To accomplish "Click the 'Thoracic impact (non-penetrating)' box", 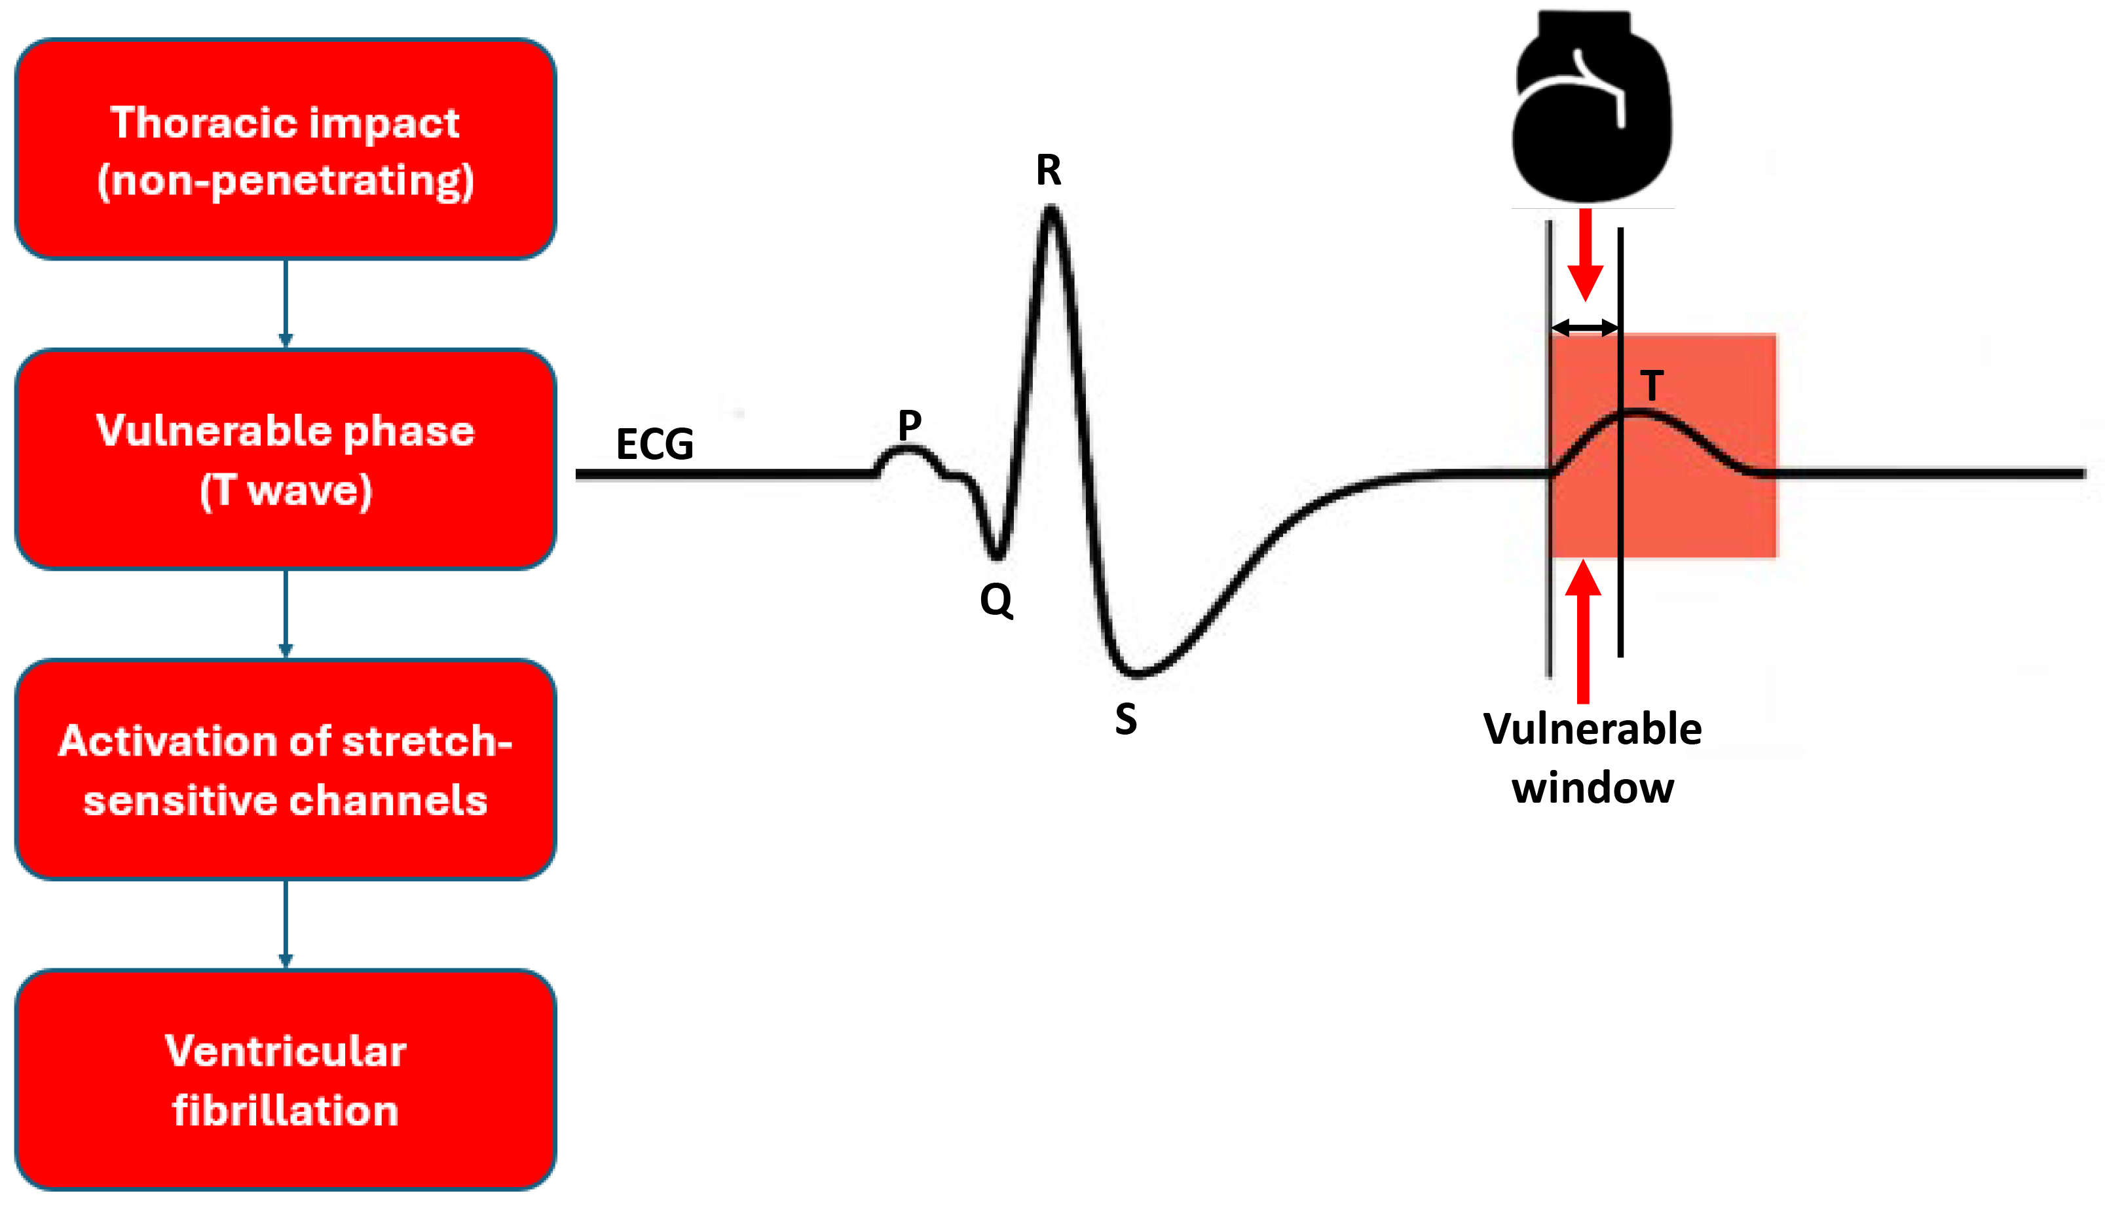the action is click(x=286, y=149).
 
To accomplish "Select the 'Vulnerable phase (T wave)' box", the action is click(x=286, y=459).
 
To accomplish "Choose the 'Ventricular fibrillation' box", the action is click(x=286, y=1080).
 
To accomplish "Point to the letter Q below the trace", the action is click(x=996, y=600).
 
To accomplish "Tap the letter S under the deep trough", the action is click(x=1126, y=718).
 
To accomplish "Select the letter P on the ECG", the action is click(x=910, y=425).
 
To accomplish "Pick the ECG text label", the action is click(x=654, y=444).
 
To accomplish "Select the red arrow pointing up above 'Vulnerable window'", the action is click(x=1583, y=631).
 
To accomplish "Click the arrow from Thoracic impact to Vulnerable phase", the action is click(x=286, y=303).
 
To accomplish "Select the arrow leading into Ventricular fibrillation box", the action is click(x=286, y=924).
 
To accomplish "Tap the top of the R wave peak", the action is click(x=1051, y=209).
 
